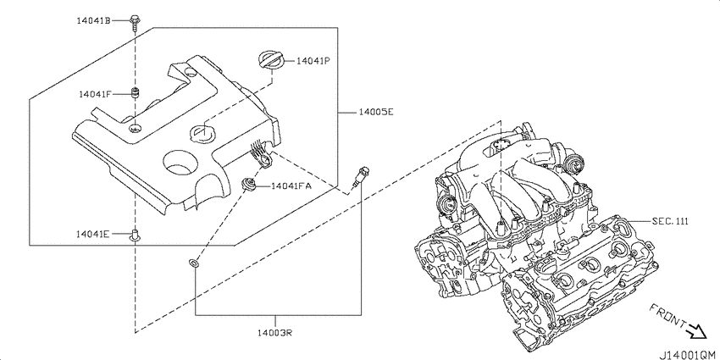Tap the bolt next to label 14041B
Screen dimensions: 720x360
[x=134, y=24]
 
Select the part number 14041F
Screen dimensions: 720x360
[x=95, y=94]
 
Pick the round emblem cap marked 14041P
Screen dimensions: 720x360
[x=270, y=61]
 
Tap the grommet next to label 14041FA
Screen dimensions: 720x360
[x=248, y=185]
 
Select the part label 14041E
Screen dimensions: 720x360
[x=93, y=234]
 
